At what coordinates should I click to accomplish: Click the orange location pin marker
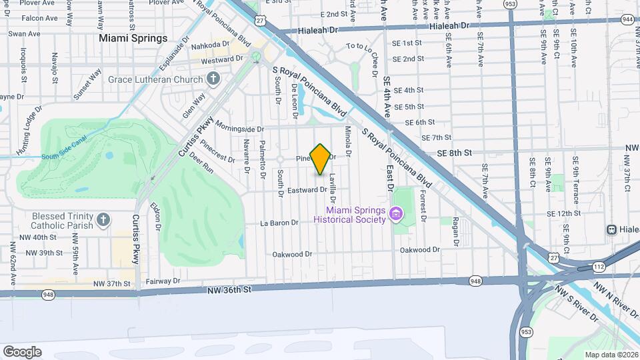pos(321,159)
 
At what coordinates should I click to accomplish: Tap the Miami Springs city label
pos(133,38)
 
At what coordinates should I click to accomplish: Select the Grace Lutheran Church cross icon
pos(213,80)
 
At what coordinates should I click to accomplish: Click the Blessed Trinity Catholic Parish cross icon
pos(103,219)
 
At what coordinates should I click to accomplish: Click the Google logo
pos(22,351)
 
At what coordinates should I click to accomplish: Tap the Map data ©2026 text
pos(610,355)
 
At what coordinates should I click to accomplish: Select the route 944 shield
pos(627,20)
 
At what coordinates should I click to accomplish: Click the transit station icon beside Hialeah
pos(611,229)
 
